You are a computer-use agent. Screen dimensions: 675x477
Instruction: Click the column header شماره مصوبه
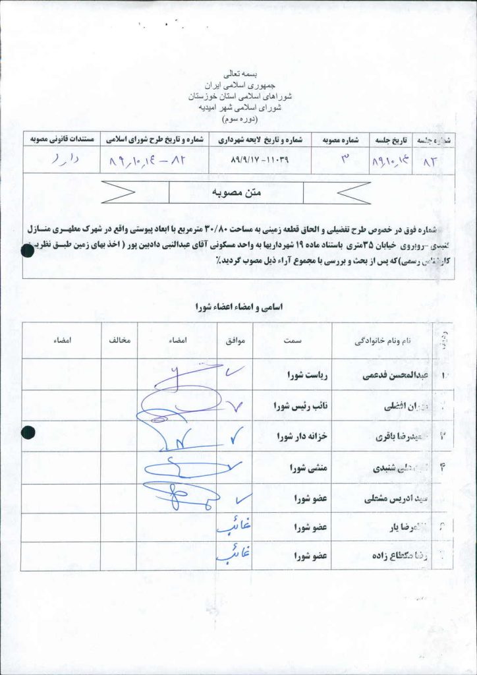point(339,139)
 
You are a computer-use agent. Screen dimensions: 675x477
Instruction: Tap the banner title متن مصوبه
point(236,192)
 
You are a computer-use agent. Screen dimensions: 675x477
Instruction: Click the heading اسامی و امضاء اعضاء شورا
point(238,307)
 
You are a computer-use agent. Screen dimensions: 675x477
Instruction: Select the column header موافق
point(236,341)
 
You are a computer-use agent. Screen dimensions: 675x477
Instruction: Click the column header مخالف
point(119,341)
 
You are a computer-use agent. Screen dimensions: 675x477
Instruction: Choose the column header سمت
point(293,341)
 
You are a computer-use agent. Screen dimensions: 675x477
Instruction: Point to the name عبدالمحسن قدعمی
point(391,376)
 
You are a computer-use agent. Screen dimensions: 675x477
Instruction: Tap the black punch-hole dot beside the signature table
point(28,432)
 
